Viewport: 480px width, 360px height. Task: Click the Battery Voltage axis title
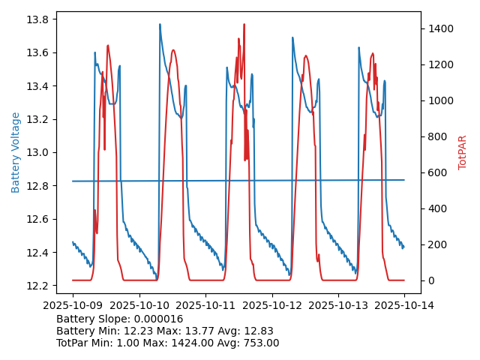tap(16, 152)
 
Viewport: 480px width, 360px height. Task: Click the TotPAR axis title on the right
tap(462, 152)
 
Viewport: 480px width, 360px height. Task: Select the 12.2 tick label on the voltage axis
tap(39, 286)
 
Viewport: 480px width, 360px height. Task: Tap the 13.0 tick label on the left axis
tap(39, 152)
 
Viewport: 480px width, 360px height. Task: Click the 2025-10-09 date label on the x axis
tap(73, 305)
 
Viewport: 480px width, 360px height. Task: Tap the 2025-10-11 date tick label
tap(205, 305)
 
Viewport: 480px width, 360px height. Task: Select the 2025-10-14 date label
tap(405, 305)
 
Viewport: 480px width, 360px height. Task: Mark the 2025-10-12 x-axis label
tap(272, 305)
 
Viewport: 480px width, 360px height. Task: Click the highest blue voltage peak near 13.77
tap(160, 25)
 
